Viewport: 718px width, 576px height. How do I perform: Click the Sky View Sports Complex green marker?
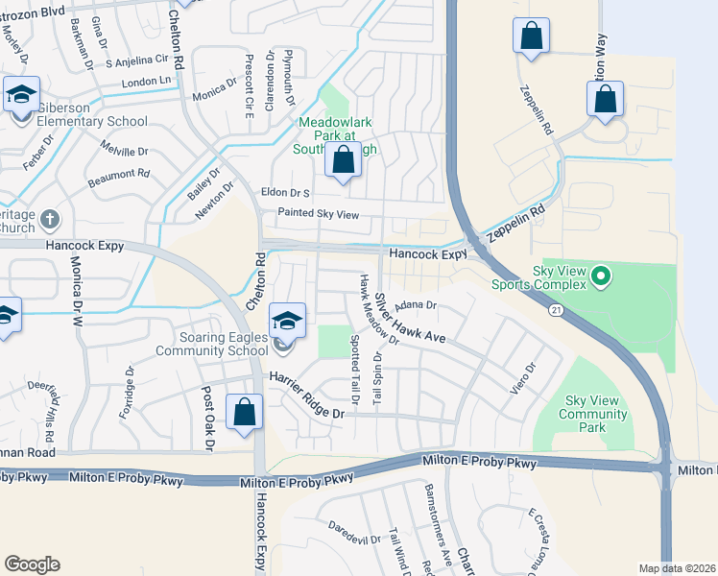pyautogui.click(x=602, y=276)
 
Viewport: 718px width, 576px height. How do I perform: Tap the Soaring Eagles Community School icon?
pyautogui.click(x=287, y=322)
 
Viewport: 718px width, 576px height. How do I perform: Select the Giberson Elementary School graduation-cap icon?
pyautogui.click(x=22, y=96)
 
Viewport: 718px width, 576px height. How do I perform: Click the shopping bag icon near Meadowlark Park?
pyautogui.click(x=344, y=161)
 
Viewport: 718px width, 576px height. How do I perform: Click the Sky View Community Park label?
pyautogui.click(x=596, y=408)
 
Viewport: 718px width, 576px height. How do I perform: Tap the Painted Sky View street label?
pyautogui.click(x=318, y=214)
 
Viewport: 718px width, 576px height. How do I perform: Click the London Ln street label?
pyautogui.click(x=146, y=84)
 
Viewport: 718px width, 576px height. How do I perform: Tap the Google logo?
pyautogui.click(x=32, y=564)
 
